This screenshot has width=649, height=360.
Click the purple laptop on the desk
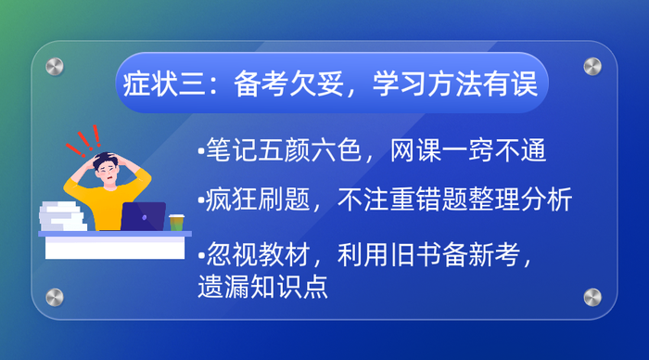pyautogui.click(x=143, y=217)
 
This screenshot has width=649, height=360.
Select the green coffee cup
pyautogui.click(x=176, y=222)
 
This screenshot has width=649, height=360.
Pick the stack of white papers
pyautogui.click(x=64, y=215)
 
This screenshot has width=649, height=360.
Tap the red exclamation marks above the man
pyautogui.click(x=87, y=140)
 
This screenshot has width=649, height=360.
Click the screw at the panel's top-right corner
pyautogui.click(x=592, y=66)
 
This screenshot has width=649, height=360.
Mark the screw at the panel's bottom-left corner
pyautogui.click(x=55, y=297)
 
